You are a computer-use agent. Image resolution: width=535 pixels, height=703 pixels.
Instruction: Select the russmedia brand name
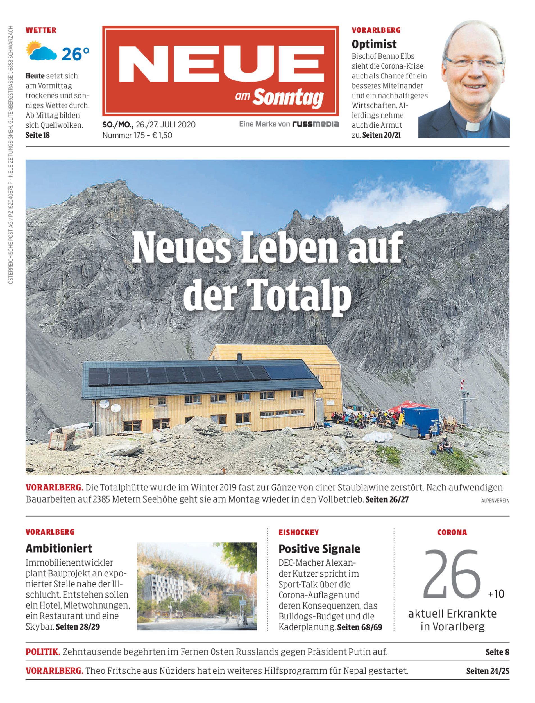[315, 124]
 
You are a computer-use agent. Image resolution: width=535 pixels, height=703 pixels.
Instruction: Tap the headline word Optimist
[374, 44]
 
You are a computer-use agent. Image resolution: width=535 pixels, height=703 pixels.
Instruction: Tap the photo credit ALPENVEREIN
[495, 501]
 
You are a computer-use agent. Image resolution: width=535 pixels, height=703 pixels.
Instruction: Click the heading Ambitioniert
[59, 548]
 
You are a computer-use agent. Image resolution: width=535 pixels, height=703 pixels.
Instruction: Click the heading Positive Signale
[319, 549]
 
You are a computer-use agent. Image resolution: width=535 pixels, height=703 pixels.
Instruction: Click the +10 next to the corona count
[496, 594]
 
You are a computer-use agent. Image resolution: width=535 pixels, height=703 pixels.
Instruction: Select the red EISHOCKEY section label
[298, 533]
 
